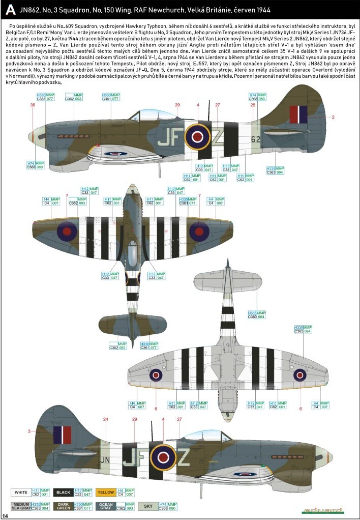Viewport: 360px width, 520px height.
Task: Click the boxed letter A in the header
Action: coord(9,10)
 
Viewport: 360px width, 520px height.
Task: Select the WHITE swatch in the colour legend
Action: coord(21,493)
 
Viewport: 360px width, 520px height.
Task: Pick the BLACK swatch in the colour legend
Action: coord(64,493)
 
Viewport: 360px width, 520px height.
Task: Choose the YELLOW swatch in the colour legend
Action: coord(106,493)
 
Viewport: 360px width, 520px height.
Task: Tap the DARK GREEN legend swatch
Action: coord(64,507)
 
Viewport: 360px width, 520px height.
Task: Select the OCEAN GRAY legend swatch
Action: coord(106,507)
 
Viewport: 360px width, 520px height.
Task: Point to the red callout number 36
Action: coord(33,105)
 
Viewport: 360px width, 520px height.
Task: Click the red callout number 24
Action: coord(106,419)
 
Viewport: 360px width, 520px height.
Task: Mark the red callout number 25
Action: coord(253,105)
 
